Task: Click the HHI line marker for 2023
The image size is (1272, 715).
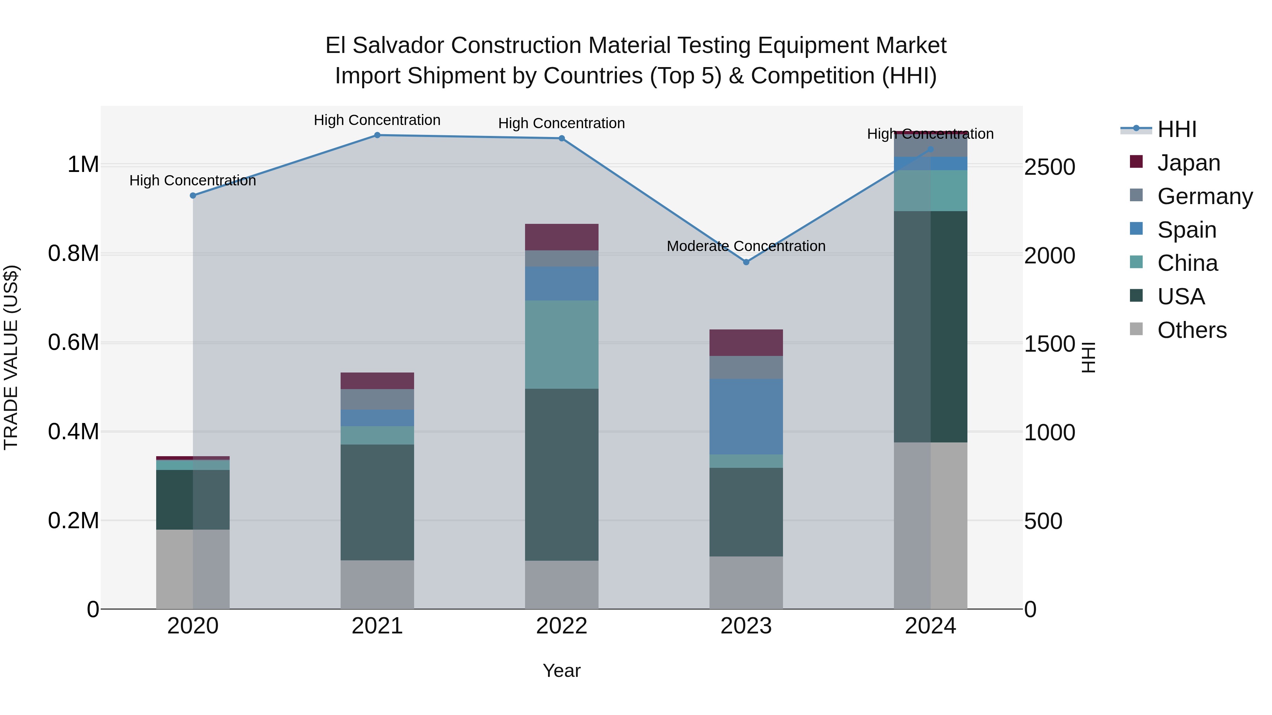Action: [746, 262]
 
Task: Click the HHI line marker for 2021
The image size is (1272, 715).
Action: [377, 135]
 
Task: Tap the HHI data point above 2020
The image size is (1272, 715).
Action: [193, 195]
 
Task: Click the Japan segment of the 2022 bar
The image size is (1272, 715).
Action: [561, 237]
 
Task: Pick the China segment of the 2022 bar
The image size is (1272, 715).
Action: [561, 344]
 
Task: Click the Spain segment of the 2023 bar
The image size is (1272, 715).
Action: [746, 417]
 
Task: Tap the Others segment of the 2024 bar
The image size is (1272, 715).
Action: [930, 525]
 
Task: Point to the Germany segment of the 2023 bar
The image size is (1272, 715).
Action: [746, 368]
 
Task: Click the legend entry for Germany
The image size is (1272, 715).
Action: [1205, 196]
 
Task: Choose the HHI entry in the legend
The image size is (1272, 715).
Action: [1176, 129]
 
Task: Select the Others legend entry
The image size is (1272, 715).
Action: [1191, 330]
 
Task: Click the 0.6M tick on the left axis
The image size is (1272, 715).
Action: [73, 342]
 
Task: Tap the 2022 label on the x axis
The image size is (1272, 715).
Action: [561, 626]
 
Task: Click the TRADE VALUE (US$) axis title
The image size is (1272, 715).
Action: [11, 357]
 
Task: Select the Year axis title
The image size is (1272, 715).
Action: [561, 671]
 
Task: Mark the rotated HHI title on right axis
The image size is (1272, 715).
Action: [1088, 357]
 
